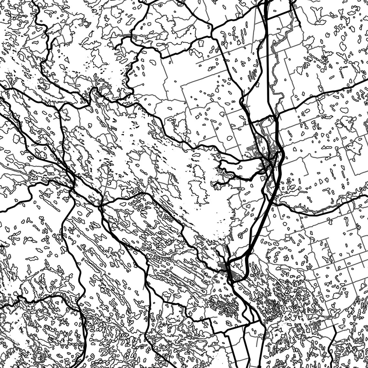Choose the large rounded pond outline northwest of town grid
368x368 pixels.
[x=230, y=138]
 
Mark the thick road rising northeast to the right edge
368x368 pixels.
[x=323, y=94]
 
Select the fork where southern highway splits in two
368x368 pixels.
[x=232, y=284]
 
